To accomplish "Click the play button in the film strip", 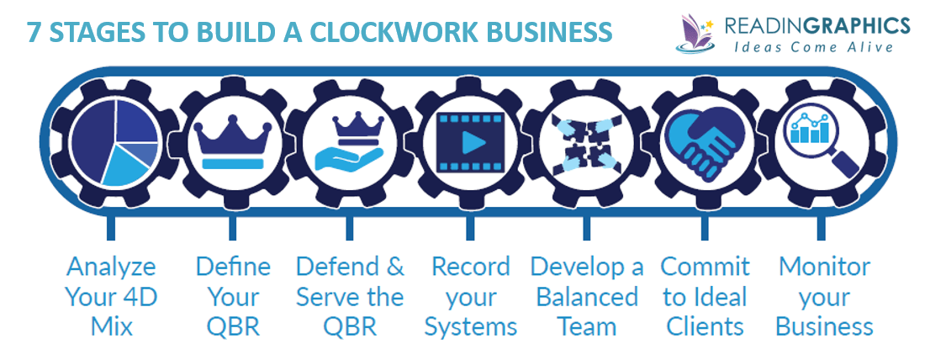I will tap(470, 142).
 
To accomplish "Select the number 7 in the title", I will tap(33, 31).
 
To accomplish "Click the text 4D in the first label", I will tap(136, 297).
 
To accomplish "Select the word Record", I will tap(471, 267).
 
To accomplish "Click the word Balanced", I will tap(587, 297).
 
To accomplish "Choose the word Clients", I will tap(705, 326).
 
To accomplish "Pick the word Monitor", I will tap(824, 267).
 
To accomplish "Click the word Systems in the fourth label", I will tap(471, 326).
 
